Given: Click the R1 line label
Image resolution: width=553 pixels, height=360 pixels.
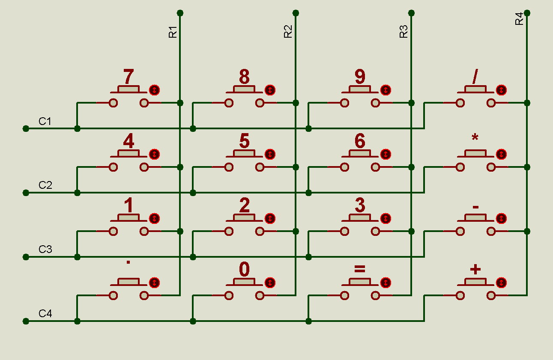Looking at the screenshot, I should pos(173,32).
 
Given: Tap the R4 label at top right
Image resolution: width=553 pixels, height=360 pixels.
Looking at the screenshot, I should pos(519,19).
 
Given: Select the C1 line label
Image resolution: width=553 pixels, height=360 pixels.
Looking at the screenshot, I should pos(45,121).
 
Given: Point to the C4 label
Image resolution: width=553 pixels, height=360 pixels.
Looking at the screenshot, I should pos(45,314).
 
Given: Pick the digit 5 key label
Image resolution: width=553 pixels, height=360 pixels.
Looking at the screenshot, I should pos(244,141).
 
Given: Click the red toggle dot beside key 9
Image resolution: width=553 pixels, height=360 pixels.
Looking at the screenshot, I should pos(386,90).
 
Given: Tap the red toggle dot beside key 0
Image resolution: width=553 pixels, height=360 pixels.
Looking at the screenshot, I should pos(270,283).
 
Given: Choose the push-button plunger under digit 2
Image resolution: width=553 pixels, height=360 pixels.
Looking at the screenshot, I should pos(244,218).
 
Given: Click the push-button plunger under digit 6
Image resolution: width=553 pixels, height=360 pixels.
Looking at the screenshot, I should pos(360,154).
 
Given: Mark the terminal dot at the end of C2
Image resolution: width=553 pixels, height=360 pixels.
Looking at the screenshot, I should pos(26,193).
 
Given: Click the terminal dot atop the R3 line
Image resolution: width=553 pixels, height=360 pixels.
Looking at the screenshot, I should pos(411,13).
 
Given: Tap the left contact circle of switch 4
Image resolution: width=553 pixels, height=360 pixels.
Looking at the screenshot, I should pos(113,167).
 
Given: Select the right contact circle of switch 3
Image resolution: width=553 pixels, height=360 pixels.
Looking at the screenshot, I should pos(376,231).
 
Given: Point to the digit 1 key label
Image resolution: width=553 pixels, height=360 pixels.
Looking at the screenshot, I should pos(128,206).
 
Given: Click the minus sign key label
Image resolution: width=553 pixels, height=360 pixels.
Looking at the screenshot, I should pos(475,207).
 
